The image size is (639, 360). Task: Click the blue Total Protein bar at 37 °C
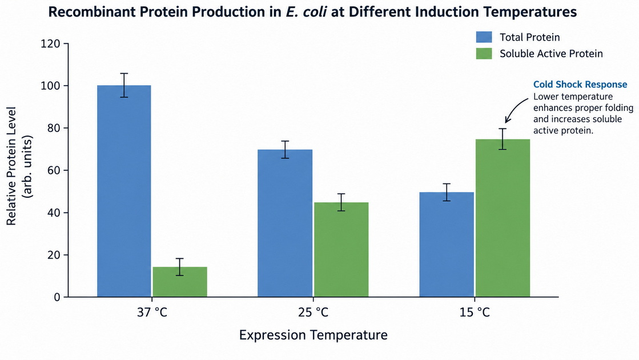coord(124,191)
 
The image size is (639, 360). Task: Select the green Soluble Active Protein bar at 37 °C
coord(180,282)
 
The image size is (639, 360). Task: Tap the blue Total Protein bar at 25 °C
coord(285,223)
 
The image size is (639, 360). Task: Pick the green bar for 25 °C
coord(341,250)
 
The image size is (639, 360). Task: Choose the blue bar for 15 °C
coord(447,245)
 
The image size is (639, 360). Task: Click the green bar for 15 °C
coord(503,218)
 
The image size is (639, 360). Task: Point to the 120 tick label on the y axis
coord(50,43)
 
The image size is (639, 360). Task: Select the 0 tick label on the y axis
coord(57,297)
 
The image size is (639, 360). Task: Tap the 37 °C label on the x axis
coord(152,313)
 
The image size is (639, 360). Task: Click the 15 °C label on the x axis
coord(475,313)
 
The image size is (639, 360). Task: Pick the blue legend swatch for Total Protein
coord(484,37)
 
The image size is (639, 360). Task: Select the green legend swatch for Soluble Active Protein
coord(484,53)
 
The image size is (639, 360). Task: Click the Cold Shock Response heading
coord(580,85)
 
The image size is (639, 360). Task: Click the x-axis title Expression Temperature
coord(313,335)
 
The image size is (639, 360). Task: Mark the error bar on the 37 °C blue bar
coord(124,85)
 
